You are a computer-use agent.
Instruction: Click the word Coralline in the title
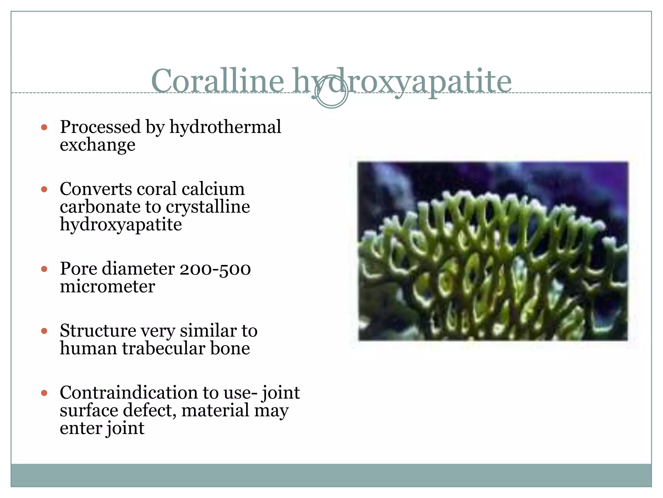pos(217,81)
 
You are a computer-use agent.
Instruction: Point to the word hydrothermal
pos(225,127)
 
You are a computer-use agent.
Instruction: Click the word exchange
pos(97,145)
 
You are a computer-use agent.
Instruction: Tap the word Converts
pos(96,189)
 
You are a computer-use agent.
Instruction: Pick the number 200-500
pos(215,269)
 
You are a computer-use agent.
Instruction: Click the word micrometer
pos(107,287)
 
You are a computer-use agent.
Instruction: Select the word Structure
pos(98,331)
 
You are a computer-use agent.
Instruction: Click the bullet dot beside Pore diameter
pos(44,269)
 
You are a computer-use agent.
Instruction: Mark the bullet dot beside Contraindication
pos(44,393)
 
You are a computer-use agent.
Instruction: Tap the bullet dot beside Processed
pos(44,127)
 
